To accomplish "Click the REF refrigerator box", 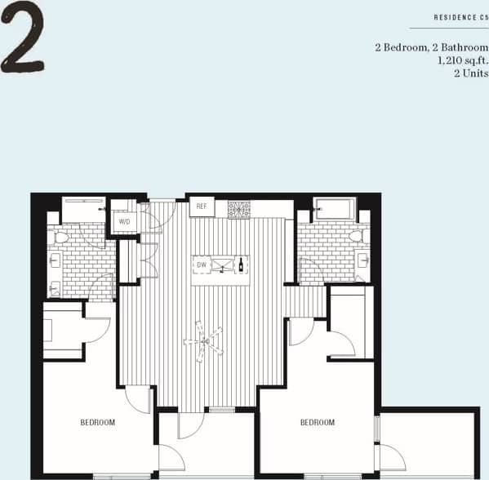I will tap(202, 207).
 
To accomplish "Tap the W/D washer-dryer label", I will tap(125, 221).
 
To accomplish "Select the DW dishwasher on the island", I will tap(202, 264).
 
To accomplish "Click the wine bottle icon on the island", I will tap(241, 264).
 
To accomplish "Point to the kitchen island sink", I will tap(221, 265).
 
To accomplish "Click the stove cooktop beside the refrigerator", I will tap(238, 209).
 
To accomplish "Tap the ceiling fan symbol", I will tap(203, 340).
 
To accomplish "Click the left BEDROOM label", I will tap(97, 422).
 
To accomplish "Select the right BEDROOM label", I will tap(317, 422).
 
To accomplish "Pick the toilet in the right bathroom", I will tap(356, 237).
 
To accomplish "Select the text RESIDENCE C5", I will tap(460, 16).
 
